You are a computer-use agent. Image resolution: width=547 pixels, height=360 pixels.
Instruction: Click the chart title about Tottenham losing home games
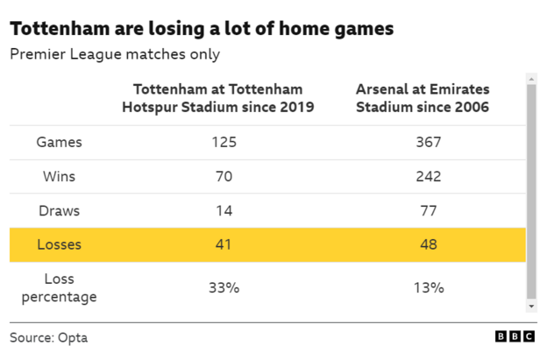point(202,28)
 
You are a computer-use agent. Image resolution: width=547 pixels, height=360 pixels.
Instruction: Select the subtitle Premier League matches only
point(114,54)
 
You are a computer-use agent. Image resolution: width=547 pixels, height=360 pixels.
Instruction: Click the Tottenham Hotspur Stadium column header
point(224,98)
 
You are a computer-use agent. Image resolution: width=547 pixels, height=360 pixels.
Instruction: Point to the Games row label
point(60,142)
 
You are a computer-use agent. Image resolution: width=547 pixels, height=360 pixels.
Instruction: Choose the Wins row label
point(60,176)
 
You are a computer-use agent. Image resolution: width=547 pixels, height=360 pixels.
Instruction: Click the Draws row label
point(60,210)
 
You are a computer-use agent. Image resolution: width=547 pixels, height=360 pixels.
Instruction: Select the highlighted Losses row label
point(60,244)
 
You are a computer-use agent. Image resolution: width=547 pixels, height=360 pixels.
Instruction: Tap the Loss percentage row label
point(60,287)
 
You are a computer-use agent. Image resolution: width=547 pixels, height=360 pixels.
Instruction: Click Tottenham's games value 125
point(224,142)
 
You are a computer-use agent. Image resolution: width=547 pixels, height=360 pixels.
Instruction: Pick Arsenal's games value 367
point(429,142)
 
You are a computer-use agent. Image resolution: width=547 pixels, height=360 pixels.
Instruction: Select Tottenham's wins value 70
point(224,176)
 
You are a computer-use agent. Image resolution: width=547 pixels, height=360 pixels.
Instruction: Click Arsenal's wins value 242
point(429,176)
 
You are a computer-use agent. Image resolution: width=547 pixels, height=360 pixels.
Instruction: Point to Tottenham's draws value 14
point(224,210)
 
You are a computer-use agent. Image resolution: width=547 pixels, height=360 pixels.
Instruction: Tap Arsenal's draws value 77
point(429,210)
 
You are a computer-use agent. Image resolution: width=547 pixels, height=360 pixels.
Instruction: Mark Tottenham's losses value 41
point(224,244)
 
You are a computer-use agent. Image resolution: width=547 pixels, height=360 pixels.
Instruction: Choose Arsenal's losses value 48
point(429,244)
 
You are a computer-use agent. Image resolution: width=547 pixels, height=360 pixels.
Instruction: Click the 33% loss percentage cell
point(224,287)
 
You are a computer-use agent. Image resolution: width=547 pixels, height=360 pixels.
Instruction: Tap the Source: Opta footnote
point(49,337)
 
